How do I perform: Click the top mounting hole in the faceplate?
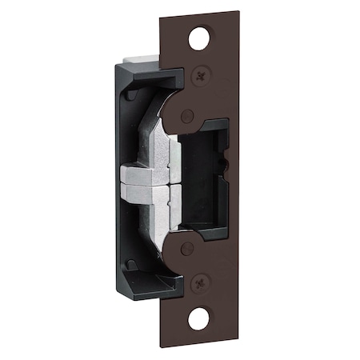pos(203,37)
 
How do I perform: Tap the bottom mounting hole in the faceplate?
pos(202,322)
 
